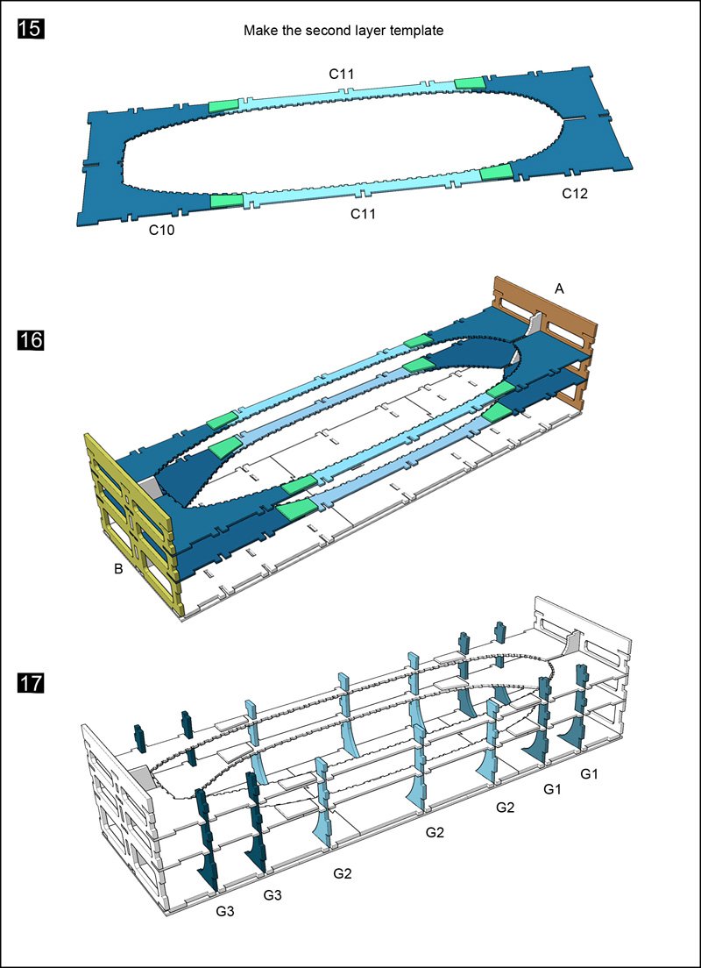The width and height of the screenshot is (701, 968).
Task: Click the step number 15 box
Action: point(32,30)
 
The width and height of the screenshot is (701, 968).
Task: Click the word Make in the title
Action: point(260,31)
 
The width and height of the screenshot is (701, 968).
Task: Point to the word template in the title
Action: point(417,31)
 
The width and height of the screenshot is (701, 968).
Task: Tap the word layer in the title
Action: point(365,31)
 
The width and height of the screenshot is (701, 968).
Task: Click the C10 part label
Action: point(162,230)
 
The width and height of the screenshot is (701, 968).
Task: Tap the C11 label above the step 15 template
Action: point(342,75)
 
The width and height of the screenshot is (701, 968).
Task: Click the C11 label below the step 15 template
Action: point(364,213)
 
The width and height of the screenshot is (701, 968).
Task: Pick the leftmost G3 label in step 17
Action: point(225,911)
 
